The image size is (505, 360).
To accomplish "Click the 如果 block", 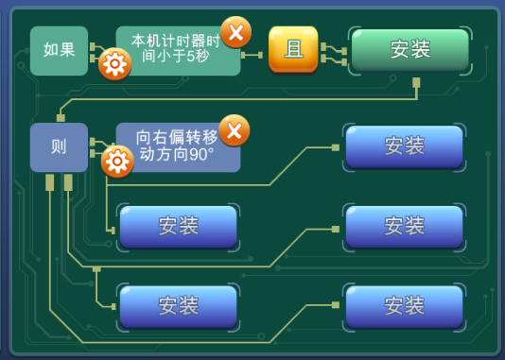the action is coord(59,51).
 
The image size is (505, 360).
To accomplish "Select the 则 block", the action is coord(59,147).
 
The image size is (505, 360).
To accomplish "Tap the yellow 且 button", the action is coord(293,49).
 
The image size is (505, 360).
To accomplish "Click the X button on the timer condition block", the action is coord(236,32).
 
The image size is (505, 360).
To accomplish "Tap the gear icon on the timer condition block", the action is coord(115,64).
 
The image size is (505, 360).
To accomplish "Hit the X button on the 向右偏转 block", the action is coord(235,130).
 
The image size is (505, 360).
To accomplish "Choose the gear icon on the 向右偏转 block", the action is coord(117,162).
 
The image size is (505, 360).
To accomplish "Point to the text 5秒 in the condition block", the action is coord(198,57).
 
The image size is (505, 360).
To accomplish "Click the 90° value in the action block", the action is coord(201,155).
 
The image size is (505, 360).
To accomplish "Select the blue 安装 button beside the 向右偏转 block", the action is coord(405,146).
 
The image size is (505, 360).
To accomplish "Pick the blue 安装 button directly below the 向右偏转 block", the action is coord(178,226).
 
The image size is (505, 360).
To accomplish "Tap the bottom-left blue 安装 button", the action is coord(178,306).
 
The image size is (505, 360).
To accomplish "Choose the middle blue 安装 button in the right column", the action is coord(405,226).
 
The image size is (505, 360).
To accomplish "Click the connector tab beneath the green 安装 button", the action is coord(416,82).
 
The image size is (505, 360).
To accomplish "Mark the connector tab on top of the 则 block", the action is coord(61,118).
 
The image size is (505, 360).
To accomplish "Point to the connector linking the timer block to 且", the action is coord(252,56).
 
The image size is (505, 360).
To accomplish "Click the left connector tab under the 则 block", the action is coord(49,182).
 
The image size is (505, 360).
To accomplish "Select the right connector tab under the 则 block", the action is coord(68,182).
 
